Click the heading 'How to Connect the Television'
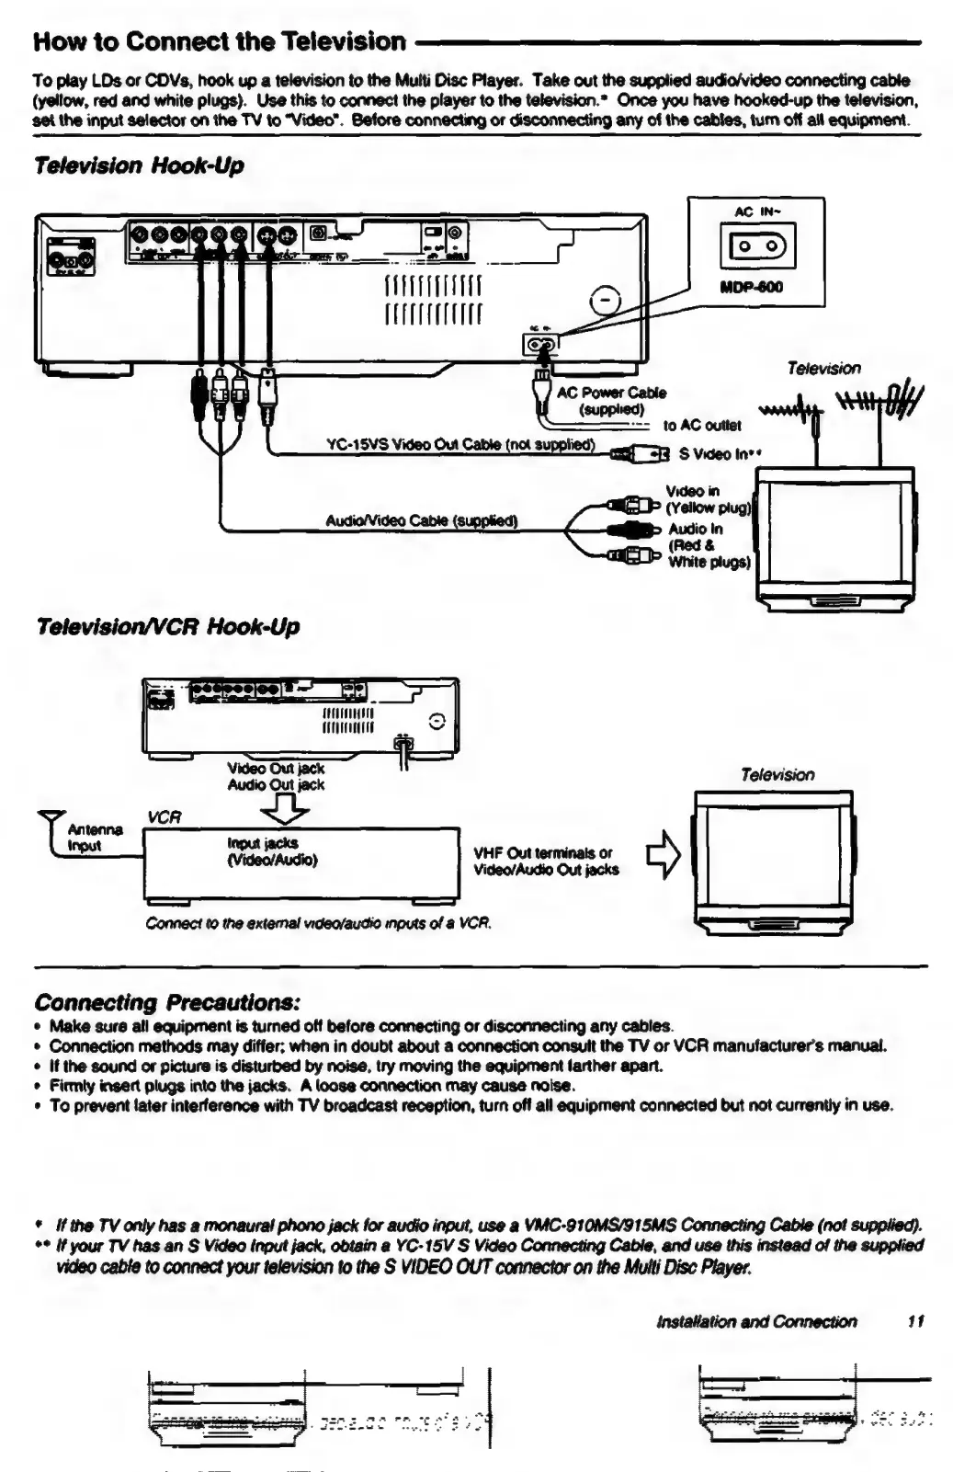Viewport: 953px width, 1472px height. (x=219, y=41)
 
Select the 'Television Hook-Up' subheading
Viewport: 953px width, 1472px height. (x=138, y=165)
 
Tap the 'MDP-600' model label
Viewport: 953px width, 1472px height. (x=752, y=287)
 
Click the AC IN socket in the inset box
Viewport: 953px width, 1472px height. (x=756, y=247)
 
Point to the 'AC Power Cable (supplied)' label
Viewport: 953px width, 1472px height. (x=611, y=400)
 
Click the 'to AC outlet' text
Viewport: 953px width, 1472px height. (x=701, y=426)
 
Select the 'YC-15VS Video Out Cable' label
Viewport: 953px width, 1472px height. (x=460, y=445)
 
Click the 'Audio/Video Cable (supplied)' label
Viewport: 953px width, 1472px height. (x=422, y=521)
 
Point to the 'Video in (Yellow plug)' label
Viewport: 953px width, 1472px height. (x=708, y=499)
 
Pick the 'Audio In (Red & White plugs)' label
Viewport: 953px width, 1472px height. (x=709, y=545)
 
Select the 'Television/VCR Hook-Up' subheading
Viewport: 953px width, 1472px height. (x=166, y=627)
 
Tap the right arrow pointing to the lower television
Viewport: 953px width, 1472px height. (x=664, y=855)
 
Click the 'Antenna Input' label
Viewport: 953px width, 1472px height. (x=95, y=838)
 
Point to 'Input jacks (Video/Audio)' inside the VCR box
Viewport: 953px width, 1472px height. (x=272, y=851)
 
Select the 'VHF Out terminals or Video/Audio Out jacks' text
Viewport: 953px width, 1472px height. (x=546, y=861)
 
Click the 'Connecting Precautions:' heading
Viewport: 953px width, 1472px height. (x=167, y=1001)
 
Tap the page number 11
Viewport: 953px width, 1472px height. (x=914, y=1321)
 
